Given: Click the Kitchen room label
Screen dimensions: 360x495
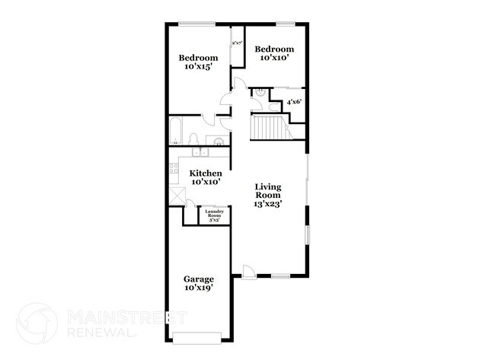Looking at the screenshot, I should click(205, 173).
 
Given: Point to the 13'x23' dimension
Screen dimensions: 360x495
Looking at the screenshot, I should click(268, 204).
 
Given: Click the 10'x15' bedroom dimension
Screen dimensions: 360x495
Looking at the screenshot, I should click(198, 67).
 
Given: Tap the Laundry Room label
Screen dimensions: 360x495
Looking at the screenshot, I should click(214, 214).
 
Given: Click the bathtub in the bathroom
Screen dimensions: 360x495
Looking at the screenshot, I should click(176, 131).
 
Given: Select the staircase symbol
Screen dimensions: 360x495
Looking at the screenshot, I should click(267, 127).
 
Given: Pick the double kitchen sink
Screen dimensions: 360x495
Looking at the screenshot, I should click(201, 151).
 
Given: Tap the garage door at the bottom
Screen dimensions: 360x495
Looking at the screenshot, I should click(197, 336).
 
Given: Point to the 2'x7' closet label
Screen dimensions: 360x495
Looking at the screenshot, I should click(237, 43).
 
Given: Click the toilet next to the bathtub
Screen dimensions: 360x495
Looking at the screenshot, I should click(193, 139).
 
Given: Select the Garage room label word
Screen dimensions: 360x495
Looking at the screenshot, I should click(197, 279).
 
